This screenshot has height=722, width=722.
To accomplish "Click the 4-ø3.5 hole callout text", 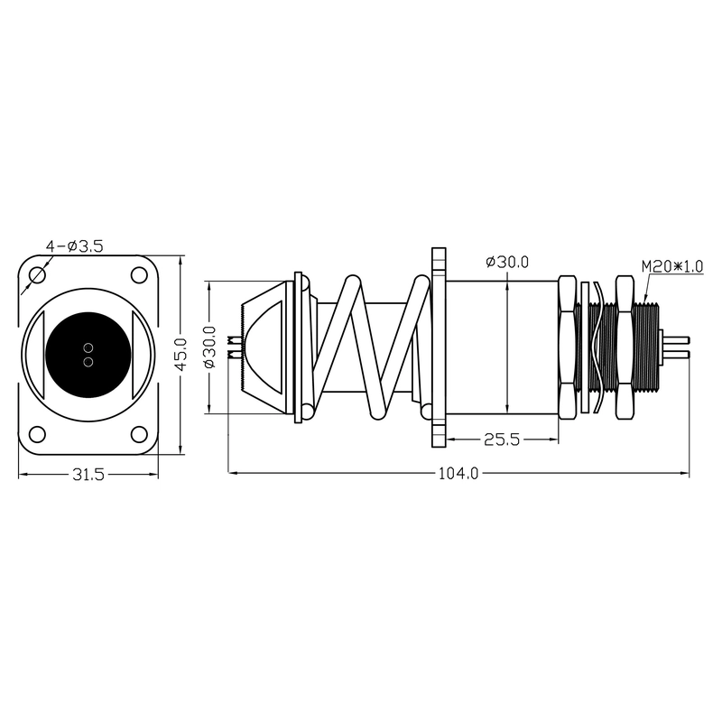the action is pyautogui.click(x=74, y=246).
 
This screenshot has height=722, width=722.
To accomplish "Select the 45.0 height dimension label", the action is pyautogui.click(x=181, y=354).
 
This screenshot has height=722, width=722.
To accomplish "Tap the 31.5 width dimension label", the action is pyautogui.click(x=88, y=475).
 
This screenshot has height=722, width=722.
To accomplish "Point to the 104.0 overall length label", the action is pyautogui.click(x=458, y=473).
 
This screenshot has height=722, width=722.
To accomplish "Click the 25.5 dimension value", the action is pyautogui.click(x=502, y=440).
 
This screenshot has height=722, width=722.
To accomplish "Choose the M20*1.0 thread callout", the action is pyautogui.click(x=672, y=266).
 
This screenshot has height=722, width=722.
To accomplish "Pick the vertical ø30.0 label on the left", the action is pyautogui.click(x=209, y=347).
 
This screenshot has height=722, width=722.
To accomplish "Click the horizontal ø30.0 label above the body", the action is pyautogui.click(x=507, y=262).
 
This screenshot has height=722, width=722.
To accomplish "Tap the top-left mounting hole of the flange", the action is pyautogui.click(x=37, y=275).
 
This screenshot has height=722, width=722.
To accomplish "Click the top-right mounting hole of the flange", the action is pyautogui.click(x=139, y=275).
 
